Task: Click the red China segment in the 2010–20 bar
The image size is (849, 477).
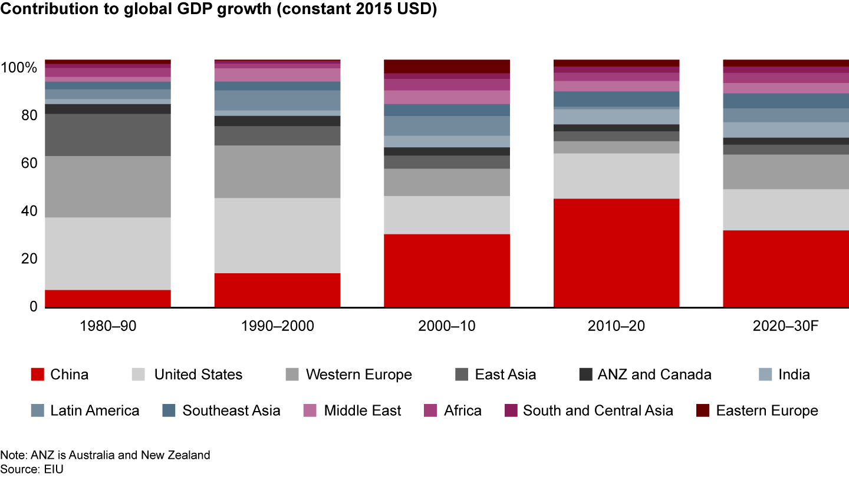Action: pyautogui.click(x=616, y=253)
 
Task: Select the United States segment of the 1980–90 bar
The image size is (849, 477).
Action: pyautogui.click(x=108, y=253)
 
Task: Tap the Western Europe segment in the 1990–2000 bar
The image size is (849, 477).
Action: pyautogui.click(x=277, y=171)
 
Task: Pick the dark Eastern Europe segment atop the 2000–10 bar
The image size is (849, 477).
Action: pyautogui.click(x=447, y=66)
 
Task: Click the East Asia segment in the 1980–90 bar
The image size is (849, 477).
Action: pyautogui.click(x=108, y=135)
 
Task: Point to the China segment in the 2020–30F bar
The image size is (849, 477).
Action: pyautogui.click(x=785, y=268)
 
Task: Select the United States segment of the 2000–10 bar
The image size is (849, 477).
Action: pyautogui.click(x=447, y=215)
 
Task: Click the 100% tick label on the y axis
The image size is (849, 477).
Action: pyautogui.click(x=19, y=68)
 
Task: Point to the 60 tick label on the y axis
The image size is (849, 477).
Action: pyautogui.click(x=28, y=163)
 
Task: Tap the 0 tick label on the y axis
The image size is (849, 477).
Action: pyautogui.click(x=32, y=307)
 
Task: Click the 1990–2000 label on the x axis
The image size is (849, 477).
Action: pyautogui.click(x=277, y=326)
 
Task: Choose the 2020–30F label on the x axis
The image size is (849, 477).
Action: pyautogui.click(x=785, y=326)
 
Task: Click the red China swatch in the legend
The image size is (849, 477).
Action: pyautogui.click(x=38, y=375)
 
